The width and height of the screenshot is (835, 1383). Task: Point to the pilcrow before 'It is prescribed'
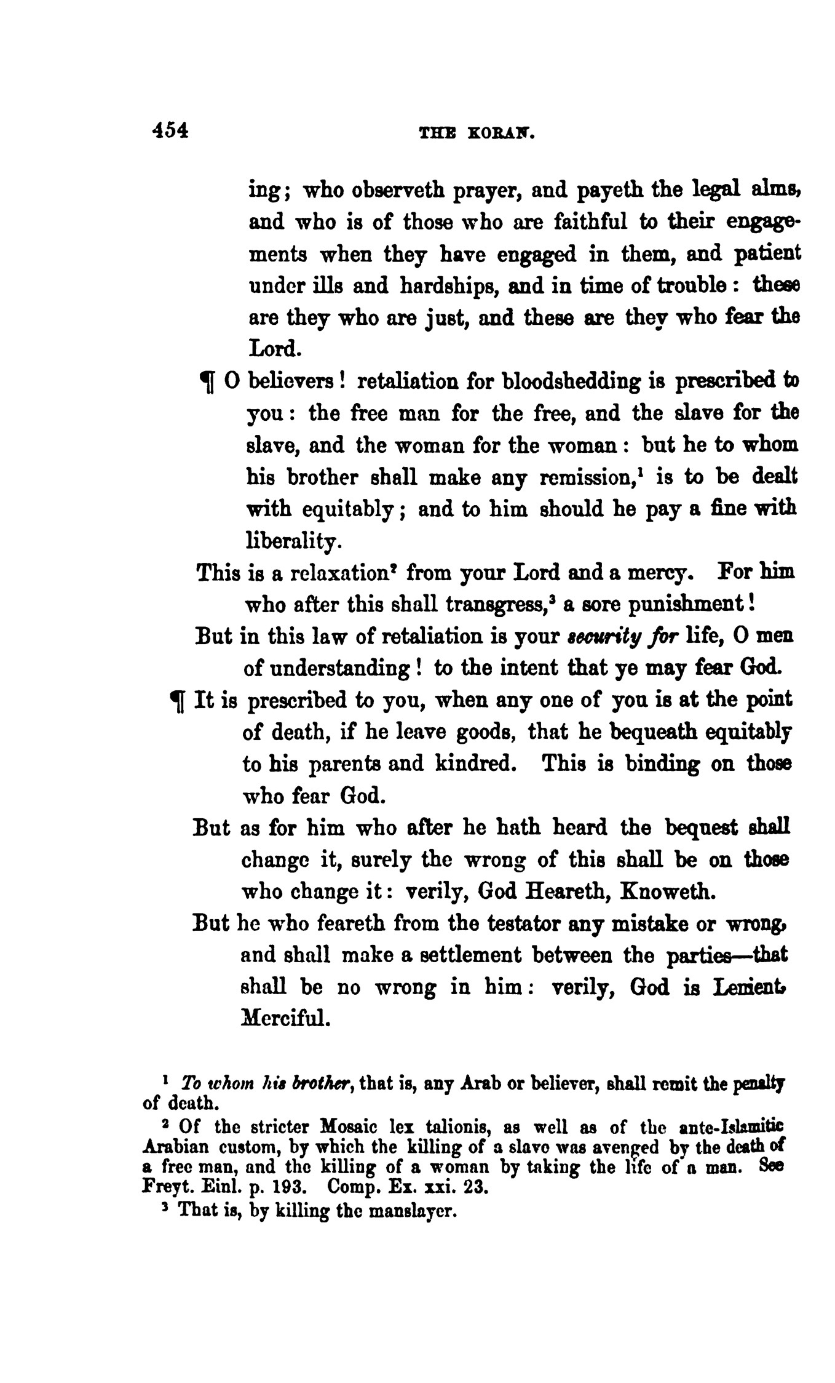pyautogui.click(x=177, y=702)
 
